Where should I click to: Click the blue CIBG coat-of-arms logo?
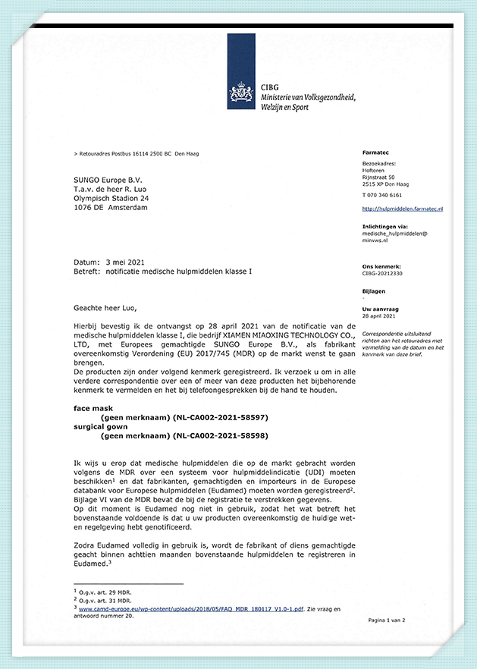point(242,93)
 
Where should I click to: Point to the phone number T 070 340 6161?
point(381,195)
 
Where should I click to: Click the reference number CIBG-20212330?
point(382,274)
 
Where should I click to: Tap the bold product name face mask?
point(93,408)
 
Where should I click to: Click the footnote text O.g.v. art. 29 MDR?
point(102,591)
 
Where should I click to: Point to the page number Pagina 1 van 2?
point(386,620)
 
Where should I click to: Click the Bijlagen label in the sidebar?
point(375,291)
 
